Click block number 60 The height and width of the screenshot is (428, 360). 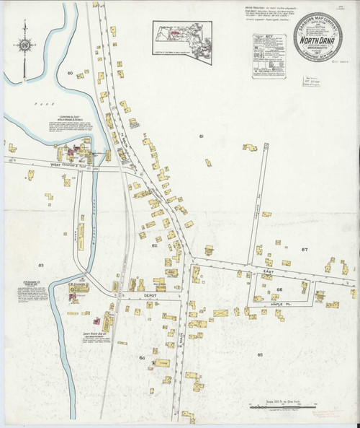(x=71, y=74)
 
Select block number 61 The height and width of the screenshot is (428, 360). (x=202, y=136)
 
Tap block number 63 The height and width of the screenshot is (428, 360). (x=41, y=266)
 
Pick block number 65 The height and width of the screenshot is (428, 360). (x=259, y=354)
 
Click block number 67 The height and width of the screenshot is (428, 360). (x=304, y=250)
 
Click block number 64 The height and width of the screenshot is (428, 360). (x=142, y=358)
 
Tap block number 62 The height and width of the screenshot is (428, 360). (x=154, y=246)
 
